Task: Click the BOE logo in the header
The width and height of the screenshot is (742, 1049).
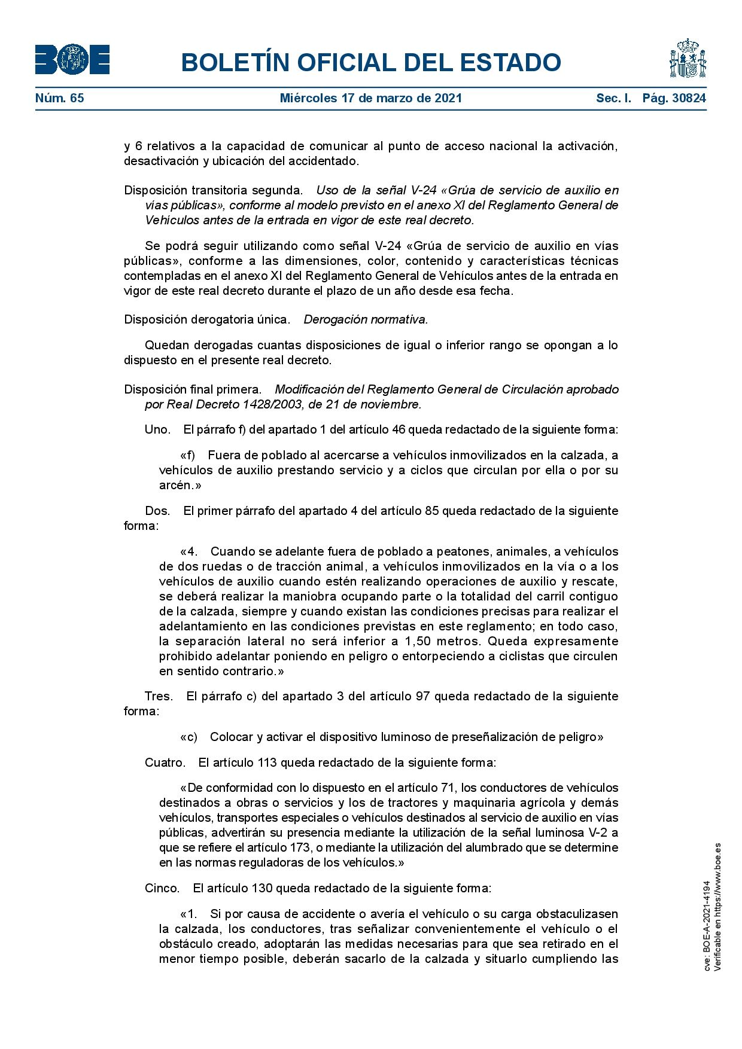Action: tap(72, 60)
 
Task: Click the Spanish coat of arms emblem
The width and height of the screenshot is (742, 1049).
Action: tap(688, 59)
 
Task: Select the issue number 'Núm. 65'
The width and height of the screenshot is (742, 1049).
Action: tap(59, 98)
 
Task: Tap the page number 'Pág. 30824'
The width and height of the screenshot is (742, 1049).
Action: tap(674, 98)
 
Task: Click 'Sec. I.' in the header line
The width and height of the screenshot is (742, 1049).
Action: tap(613, 98)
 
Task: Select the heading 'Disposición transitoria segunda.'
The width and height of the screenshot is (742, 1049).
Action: tap(213, 190)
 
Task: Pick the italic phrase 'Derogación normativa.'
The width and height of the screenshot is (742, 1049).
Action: tap(366, 319)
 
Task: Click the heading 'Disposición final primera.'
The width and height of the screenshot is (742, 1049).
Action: tap(193, 389)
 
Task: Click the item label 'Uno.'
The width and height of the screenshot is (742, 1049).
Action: tap(157, 429)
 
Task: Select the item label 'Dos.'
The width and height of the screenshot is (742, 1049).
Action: tap(157, 511)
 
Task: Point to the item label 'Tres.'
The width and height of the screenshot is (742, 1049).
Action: tap(159, 696)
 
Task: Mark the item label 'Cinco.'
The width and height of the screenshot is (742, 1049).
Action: tap(162, 888)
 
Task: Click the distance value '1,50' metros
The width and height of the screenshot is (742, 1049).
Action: tap(417, 641)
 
